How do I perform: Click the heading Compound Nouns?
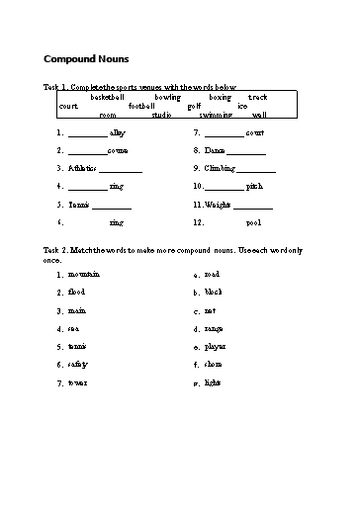pos(86,58)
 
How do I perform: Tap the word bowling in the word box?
pos(167,97)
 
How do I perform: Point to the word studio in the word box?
pos(161,115)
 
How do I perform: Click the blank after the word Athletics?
pos(122,169)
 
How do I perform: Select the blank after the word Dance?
pos(246,151)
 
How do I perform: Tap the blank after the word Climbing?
pos(255,169)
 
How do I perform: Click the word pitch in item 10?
pos(254,186)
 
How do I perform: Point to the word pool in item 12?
pos(253,222)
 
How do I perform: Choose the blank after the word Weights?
pos(253,205)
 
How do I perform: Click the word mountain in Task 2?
pos(84,274)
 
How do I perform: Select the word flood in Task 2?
pos(77,292)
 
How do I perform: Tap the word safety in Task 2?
pos(78,364)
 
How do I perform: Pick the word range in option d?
pos(215,328)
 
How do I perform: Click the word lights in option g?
pos(213,381)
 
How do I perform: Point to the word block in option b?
pos(214,292)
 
